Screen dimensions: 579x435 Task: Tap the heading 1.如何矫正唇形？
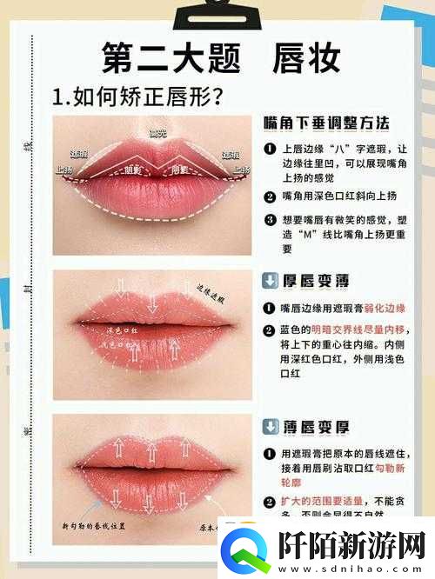136,95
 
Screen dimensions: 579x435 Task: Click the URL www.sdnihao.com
352,567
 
